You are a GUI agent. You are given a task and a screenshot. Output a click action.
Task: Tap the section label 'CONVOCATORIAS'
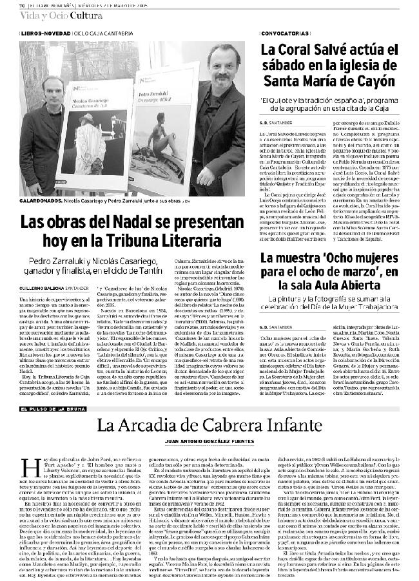(x=282, y=32)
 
